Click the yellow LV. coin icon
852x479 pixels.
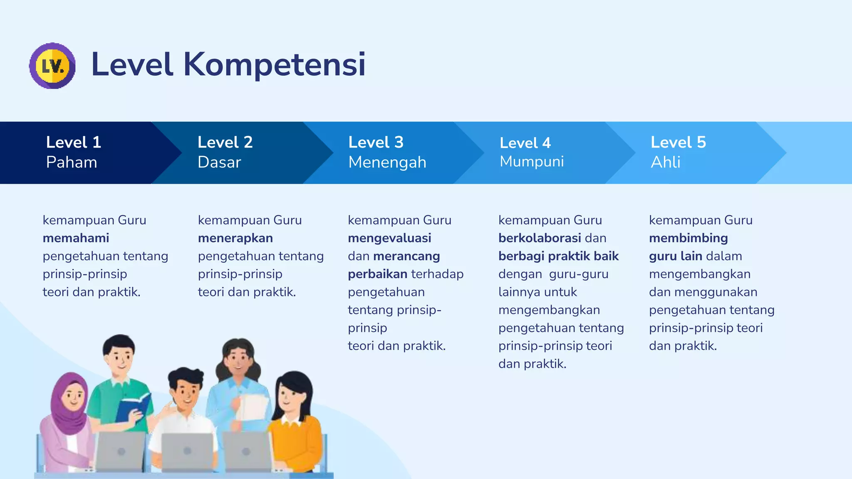pos(52,66)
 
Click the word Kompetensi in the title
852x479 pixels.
pos(274,64)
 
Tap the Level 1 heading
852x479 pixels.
pos(74,142)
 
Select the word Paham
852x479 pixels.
pos(72,162)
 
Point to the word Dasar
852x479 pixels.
pos(219,162)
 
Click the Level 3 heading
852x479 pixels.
pos(376,142)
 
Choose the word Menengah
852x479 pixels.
pos(387,162)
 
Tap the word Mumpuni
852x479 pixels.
pos(532,161)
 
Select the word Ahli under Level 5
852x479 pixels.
pos(666,162)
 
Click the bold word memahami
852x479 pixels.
pos(76,238)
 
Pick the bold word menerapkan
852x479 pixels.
pos(235,238)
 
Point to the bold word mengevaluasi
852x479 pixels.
pos(389,238)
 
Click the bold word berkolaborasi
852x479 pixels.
pos(540,238)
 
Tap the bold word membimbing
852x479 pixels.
pos(688,238)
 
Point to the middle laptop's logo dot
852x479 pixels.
pos(187,451)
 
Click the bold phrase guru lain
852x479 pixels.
pos(676,256)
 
